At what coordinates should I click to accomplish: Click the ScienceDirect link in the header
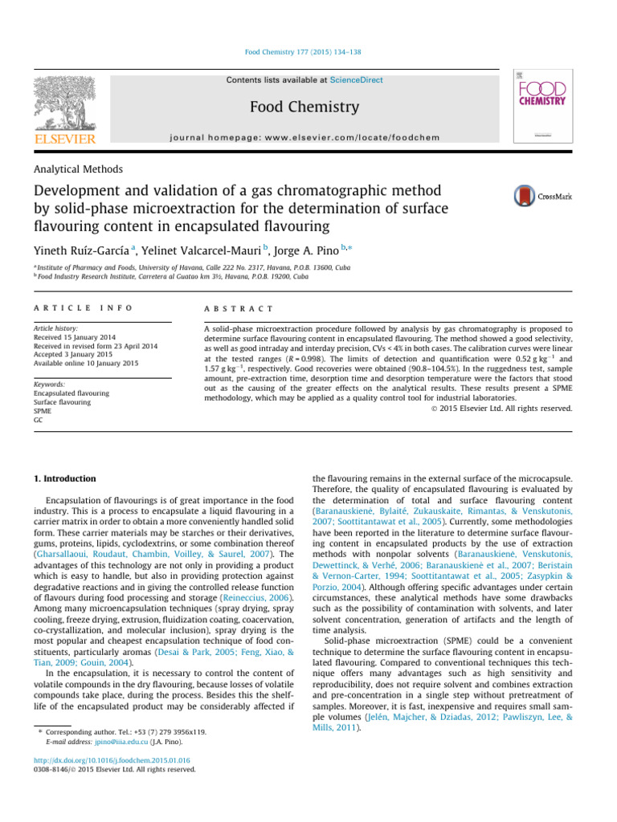click(x=354, y=80)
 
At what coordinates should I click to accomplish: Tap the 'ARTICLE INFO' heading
click(x=80, y=308)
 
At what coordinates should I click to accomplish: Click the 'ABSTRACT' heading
click(x=239, y=308)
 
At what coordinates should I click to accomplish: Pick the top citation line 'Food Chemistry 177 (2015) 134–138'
click(x=308, y=51)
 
